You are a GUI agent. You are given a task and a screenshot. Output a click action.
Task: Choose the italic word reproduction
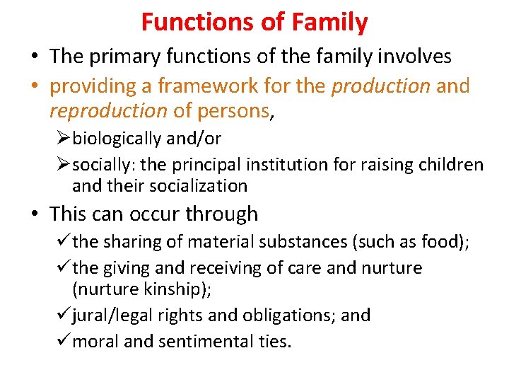click(x=108, y=111)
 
